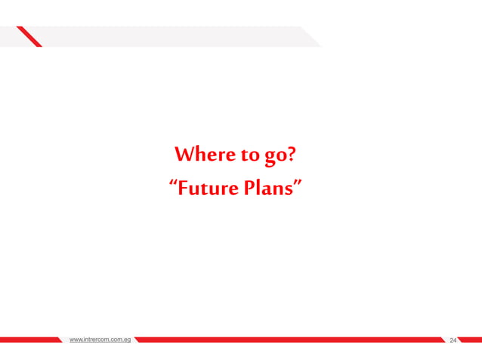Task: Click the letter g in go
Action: pyautogui.click(x=268, y=159)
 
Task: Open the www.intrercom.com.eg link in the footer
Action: pyautogui.click(x=100, y=340)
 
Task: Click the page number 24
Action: pyautogui.click(x=453, y=341)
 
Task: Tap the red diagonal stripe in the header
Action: pyautogui.click(x=29, y=36)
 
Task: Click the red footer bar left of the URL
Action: pyautogui.click(x=30, y=340)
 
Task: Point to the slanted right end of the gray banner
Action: pyautogui.click(x=311, y=37)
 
